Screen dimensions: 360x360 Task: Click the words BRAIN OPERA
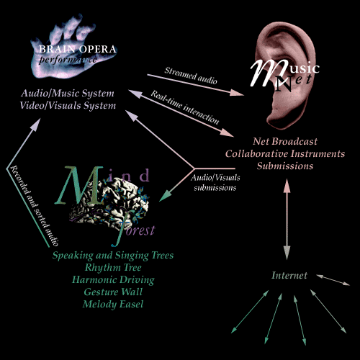tap(78, 49)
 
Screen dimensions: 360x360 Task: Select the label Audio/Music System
tap(68, 94)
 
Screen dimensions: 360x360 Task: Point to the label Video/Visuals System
tap(68, 106)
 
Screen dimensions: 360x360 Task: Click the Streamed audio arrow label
tap(191, 76)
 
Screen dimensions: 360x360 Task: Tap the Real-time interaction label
tap(185, 107)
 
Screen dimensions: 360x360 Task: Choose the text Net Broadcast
tap(285, 141)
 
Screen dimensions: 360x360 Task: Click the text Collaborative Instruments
tap(285, 153)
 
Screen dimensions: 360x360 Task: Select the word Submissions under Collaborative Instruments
tap(285, 166)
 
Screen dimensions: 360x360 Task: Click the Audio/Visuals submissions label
tap(215, 183)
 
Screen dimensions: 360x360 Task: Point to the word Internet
tap(289, 275)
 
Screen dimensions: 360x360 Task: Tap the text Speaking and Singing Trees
tap(113, 256)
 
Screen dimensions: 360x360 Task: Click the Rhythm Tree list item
tap(113, 267)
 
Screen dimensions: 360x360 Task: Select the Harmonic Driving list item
tap(113, 280)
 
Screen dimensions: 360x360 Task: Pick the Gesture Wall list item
tap(113, 292)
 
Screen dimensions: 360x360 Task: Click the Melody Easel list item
tap(113, 304)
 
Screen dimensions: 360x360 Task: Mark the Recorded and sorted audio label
tap(34, 206)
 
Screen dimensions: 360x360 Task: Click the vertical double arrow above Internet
tap(287, 219)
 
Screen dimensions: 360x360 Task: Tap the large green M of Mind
tap(79, 186)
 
